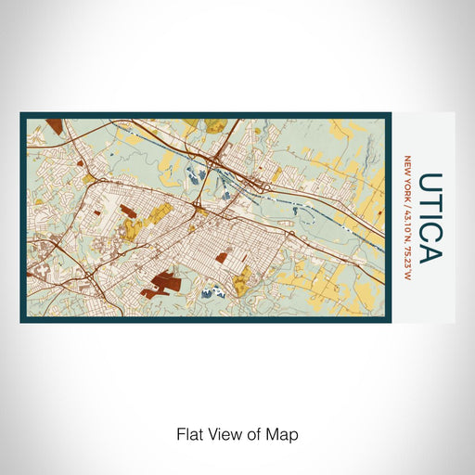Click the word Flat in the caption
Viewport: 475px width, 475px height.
tap(188, 434)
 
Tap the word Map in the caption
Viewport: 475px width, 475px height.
tap(285, 434)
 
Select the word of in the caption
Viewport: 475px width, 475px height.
tap(256, 434)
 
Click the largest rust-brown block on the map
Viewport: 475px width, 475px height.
tap(163, 282)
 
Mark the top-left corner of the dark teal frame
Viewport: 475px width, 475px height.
tap(21, 114)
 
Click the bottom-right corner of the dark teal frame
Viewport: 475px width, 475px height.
tap(390, 321)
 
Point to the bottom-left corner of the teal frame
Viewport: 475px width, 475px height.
tap(21, 321)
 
